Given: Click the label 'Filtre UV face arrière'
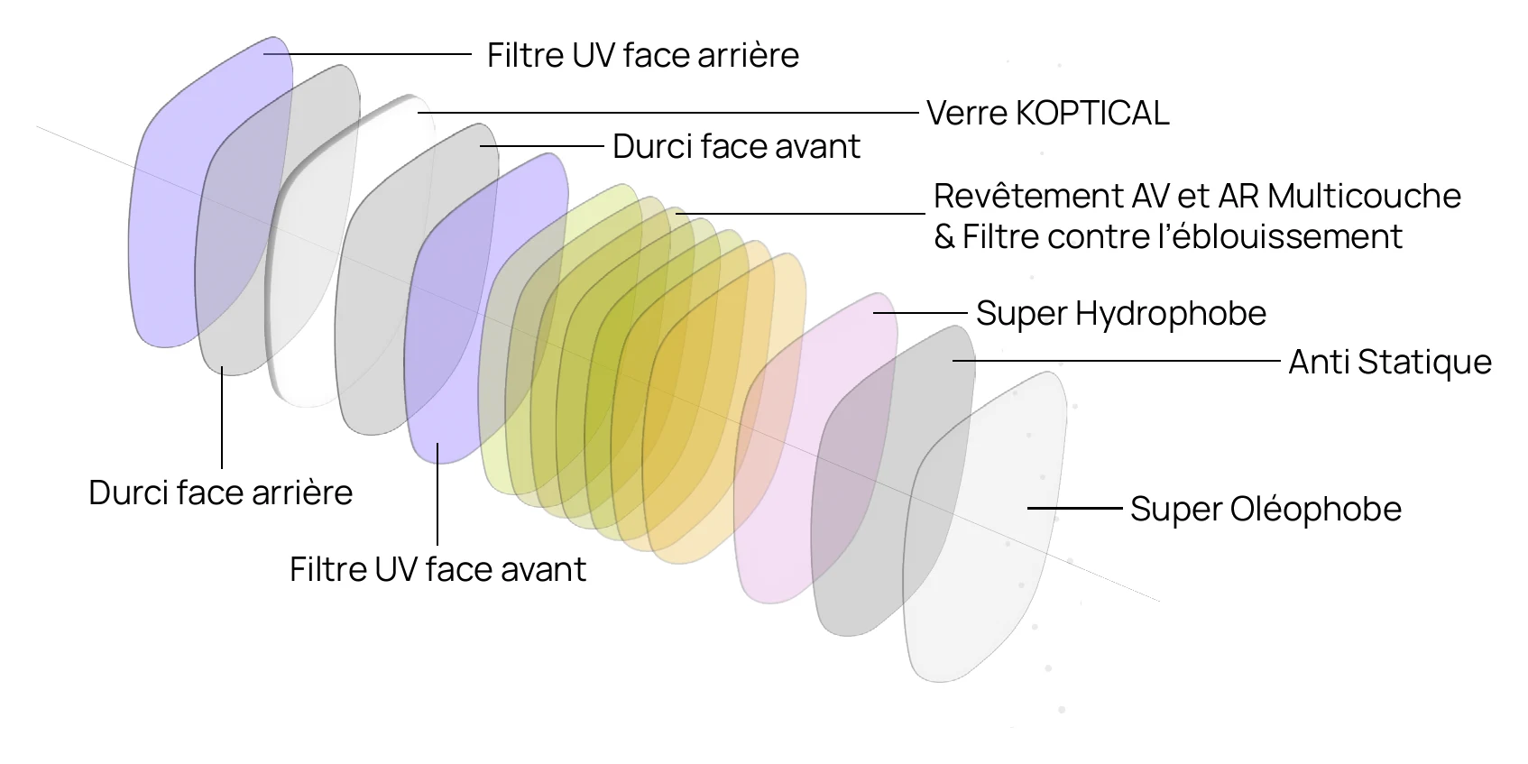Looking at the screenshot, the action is [642, 55].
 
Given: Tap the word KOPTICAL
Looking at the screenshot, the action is [1092, 114].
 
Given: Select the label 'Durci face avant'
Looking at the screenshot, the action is [736, 147].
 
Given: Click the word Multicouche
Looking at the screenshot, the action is [1364, 197].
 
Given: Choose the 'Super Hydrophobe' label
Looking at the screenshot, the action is [1121, 314].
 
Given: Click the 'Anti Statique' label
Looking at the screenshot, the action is [1389, 362].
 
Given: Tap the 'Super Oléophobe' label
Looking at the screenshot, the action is [1266, 509].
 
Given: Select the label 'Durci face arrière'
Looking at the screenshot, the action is [220, 492].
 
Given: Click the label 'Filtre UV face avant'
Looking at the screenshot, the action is [438, 569].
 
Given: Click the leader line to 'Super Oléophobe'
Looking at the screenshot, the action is [1074, 508].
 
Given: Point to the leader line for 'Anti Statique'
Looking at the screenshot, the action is [1116, 361].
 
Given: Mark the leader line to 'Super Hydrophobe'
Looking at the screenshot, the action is [920, 312].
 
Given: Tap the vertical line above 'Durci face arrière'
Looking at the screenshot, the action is [222, 418].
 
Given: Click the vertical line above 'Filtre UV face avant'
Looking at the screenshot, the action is [437, 494].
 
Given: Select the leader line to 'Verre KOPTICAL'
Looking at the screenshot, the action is [668, 113].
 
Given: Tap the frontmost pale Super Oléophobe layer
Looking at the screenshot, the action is [996, 546].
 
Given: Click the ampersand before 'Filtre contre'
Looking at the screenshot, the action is [943, 237].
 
